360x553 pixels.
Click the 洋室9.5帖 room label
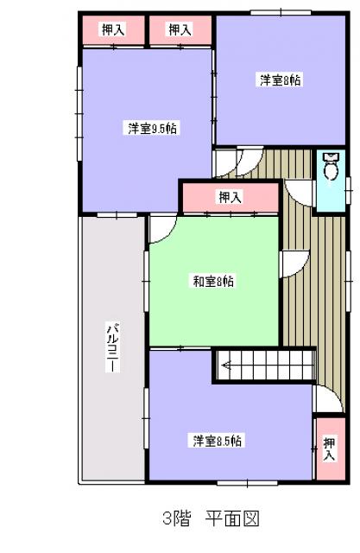click(x=152, y=129)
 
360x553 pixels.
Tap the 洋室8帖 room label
click(x=280, y=80)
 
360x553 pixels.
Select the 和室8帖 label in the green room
click(x=213, y=281)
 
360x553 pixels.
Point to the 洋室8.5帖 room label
click(x=217, y=441)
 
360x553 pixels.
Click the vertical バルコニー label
click(x=113, y=346)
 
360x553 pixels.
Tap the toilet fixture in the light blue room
click(x=331, y=168)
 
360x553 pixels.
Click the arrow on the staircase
click(x=225, y=365)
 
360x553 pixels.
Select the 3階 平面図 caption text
click(x=211, y=518)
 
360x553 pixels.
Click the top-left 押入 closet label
click(x=113, y=29)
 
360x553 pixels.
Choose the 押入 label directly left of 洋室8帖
click(x=180, y=29)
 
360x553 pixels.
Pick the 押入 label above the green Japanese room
click(x=231, y=197)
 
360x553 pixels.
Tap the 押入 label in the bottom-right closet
click(x=330, y=448)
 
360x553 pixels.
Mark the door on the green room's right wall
click(x=294, y=264)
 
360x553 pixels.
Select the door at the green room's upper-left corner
click(x=163, y=228)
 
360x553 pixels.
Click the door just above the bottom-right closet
click(x=327, y=398)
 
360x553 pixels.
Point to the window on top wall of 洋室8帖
click(x=281, y=13)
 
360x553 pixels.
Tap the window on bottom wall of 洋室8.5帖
click(x=247, y=483)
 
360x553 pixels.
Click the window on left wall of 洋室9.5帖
click(x=79, y=113)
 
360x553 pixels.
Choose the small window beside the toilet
click(x=348, y=190)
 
